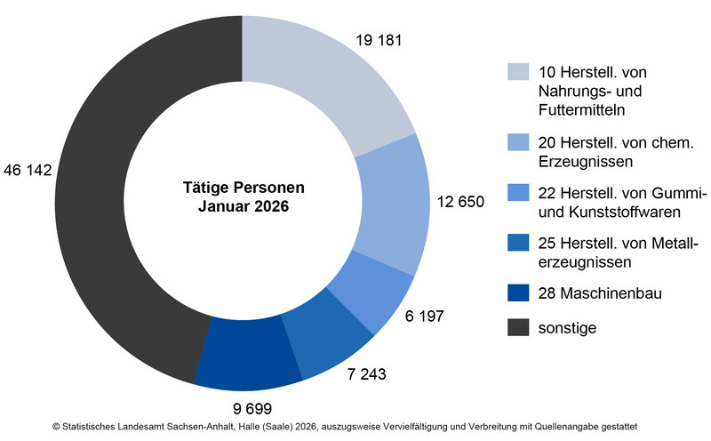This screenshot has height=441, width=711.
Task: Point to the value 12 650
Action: [460, 202]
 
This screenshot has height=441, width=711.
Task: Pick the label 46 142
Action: [28, 167]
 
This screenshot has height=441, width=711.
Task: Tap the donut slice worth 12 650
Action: [391, 204]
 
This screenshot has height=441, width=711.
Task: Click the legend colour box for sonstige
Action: [519, 328]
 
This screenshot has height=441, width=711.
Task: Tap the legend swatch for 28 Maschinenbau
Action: [519, 293]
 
